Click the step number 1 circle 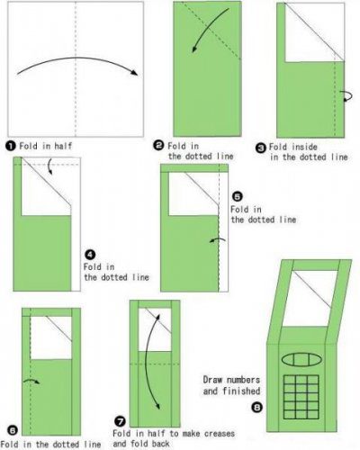pyautogui.click(x=10, y=146)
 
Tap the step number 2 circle pyautogui.click(x=158, y=146)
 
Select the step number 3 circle pyautogui.click(x=261, y=148)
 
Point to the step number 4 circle pyautogui.click(x=90, y=255)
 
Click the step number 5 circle pyautogui.click(x=237, y=197)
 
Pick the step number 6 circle pyautogui.click(x=13, y=431)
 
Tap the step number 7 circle pyautogui.click(x=120, y=421)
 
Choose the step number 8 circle pyautogui.click(x=256, y=408)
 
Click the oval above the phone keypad pyautogui.click(x=301, y=359)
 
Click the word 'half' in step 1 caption pyautogui.click(x=63, y=146)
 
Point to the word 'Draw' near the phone pyautogui.click(x=211, y=380)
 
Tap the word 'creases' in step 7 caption pyautogui.click(x=220, y=434)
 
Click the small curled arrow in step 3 pyautogui.click(x=347, y=96)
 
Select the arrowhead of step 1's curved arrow pyautogui.click(x=134, y=73)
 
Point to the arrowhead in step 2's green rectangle pyautogui.click(x=195, y=49)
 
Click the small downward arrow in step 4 pyautogui.click(x=49, y=166)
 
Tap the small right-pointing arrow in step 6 pyautogui.click(x=31, y=381)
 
